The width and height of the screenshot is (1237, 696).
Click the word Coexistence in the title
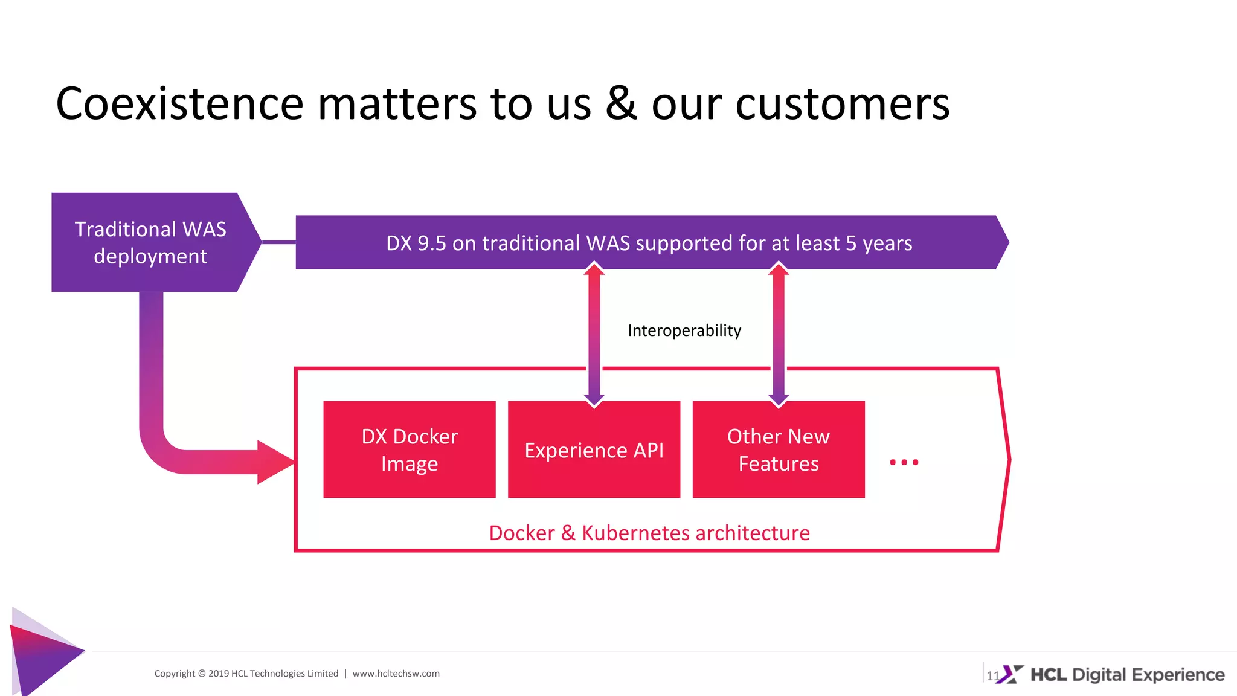click(179, 104)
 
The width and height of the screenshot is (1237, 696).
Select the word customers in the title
click(842, 104)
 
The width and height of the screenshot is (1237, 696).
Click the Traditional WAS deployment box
click(150, 242)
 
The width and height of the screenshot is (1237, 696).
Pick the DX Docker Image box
click(410, 449)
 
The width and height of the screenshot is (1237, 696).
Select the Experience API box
click(594, 449)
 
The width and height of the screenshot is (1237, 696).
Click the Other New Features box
click(778, 449)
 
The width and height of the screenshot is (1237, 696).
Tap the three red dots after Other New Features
click(904, 462)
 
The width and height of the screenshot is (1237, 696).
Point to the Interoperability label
click(684, 330)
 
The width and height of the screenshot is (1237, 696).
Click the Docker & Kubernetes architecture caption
click(649, 533)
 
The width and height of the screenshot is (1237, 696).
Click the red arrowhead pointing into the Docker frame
click(275, 462)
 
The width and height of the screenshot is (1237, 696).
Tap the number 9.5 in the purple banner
click(431, 243)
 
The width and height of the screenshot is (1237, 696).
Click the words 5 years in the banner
click(879, 243)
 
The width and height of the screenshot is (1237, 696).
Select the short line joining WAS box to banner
click(278, 242)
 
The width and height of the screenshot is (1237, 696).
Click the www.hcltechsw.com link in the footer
click(396, 674)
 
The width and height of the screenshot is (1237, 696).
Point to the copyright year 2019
click(218, 674)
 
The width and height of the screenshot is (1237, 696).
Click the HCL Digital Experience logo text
click(1127, 674)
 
